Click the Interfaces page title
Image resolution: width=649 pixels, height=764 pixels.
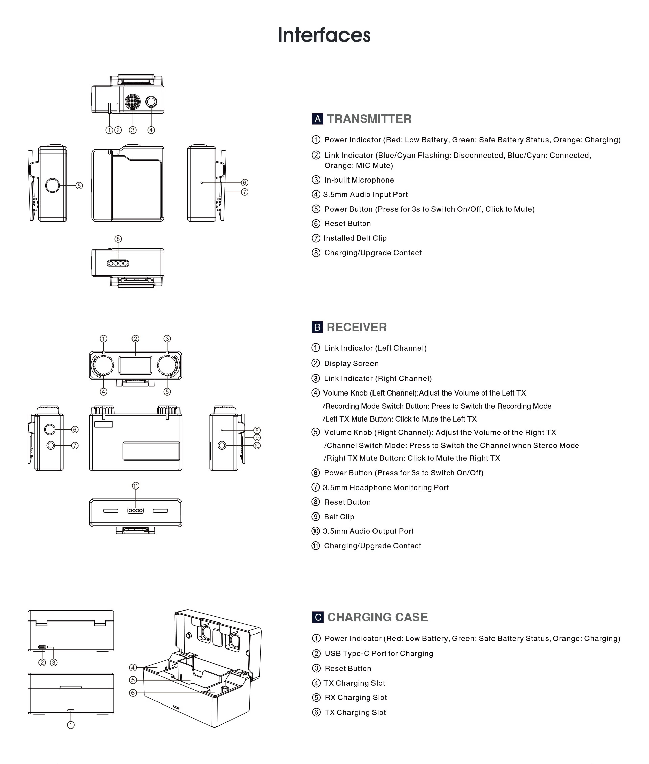(324, 35)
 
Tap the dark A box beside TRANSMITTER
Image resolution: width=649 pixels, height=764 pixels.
(317, 119)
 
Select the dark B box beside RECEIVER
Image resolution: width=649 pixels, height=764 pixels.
(317, 327)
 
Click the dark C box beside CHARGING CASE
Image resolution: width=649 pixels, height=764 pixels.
(318, 617)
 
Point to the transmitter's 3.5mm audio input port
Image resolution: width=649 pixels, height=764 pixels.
(151, 102)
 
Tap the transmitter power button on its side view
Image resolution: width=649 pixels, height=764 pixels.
(52, 185)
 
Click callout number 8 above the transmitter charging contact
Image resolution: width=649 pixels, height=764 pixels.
(118, 239)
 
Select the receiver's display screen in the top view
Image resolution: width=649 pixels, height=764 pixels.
(136, 365)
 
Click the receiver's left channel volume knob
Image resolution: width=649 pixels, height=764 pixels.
(103, 365)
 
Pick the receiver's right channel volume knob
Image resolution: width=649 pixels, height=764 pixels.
(167, 365)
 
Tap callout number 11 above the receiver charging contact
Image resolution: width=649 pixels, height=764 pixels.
(136, 486)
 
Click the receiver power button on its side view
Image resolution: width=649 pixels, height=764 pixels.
(50, 429)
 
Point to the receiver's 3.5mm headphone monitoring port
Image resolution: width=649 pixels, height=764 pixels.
(51, 445)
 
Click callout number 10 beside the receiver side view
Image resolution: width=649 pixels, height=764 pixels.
(257, 446)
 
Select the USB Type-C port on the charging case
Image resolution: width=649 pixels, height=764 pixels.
(42, 647)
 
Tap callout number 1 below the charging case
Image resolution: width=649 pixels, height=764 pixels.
(71, 725)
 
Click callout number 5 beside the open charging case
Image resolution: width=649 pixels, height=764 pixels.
(133, 680)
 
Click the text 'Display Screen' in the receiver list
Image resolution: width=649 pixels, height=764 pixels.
(351, 364)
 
